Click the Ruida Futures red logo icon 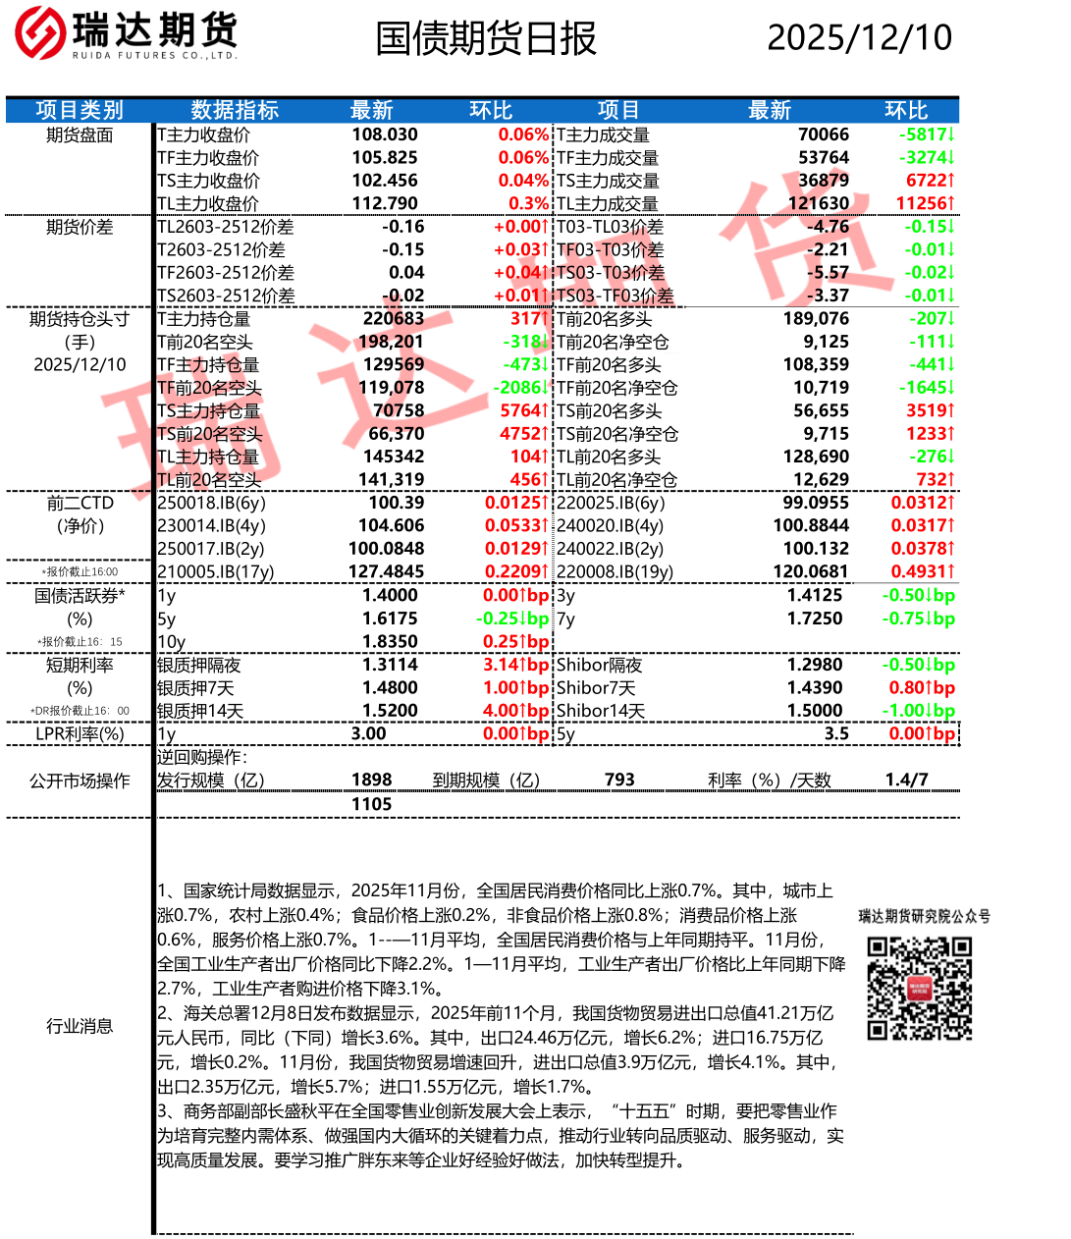coord(39,32)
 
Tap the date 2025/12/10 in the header coord(859,37)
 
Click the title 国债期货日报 coord(486,38)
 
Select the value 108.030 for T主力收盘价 coord(385,135)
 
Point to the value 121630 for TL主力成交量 coord(818,203)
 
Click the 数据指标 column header coord(235,110)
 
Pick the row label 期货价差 coord(80,227)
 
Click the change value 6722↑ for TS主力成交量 coord(930,181)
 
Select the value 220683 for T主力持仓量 coord(393,318)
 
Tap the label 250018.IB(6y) coord(211,503)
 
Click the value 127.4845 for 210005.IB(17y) coord(387,571)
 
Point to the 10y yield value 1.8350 coord(390,641)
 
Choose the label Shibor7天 coord(596,688)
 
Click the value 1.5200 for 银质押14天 coord(390,711)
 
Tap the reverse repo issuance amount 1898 coord(371,780)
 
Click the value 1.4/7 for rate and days coord(906,780)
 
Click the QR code coord(919,988)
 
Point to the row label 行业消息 coord(80,1026)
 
